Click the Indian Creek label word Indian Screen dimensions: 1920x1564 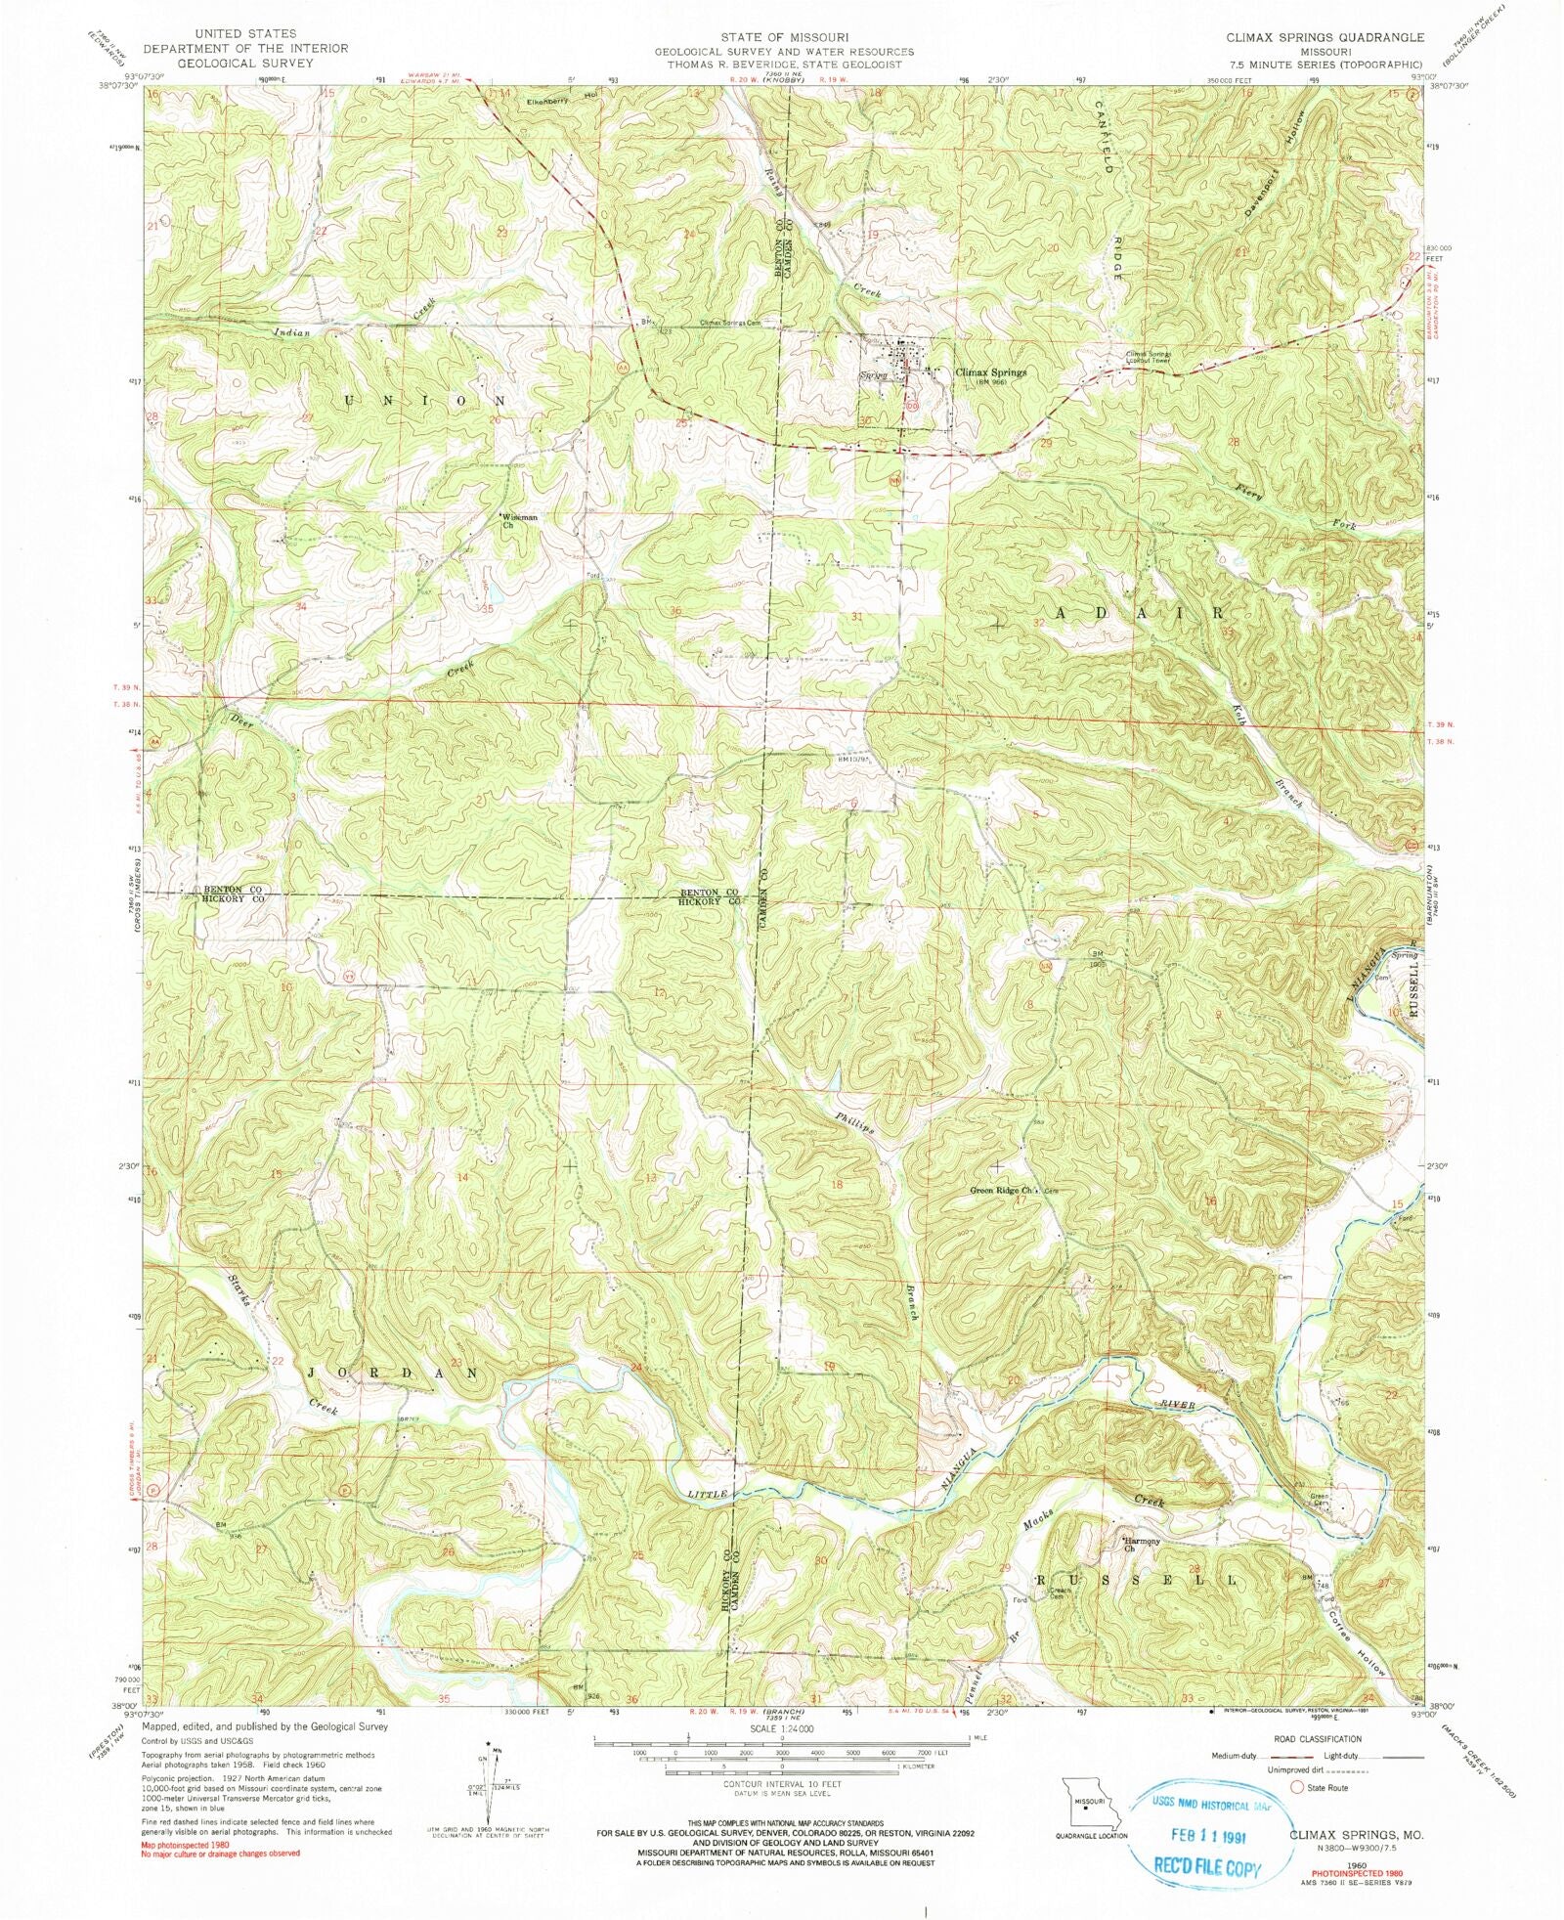pyautogui.click(x=291, y=332)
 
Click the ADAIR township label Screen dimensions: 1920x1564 pyautogui.click(x=1140, y=614)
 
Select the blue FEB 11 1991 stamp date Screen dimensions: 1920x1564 pyautogui.click(x=1208, y=1835)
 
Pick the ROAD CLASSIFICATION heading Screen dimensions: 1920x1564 pyautogui.click(x=1316, y=1739)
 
